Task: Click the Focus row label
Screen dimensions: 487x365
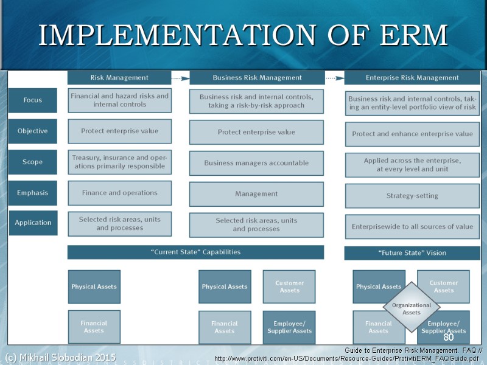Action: coord(33,100)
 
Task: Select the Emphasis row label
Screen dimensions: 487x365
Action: coord(33,193)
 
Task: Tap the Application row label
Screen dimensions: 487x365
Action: coord(33,223)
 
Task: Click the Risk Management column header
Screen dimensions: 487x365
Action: coord(119,78)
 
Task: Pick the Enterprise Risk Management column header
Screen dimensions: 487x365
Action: coord(412,78)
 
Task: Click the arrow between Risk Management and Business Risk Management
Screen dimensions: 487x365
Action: coord(180,78)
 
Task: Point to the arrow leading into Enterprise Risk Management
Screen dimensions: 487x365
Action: coord(334,78)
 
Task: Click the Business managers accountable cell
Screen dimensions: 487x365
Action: coord(256,163)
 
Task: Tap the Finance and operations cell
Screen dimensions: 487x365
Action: coord(119,193)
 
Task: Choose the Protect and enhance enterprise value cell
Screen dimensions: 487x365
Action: coord(412,134)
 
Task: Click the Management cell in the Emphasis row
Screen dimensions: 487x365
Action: coord(256,194)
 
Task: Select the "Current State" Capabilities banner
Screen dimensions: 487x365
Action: coord(195,252)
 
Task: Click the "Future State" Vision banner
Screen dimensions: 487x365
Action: coord(412,252)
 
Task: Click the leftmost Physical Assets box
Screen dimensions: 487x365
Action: coord(94,287)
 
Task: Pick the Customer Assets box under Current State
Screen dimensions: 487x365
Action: coord(289,287)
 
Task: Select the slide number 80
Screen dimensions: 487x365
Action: coord(449,337)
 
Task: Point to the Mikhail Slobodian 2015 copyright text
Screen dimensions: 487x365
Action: coord(60,356)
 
